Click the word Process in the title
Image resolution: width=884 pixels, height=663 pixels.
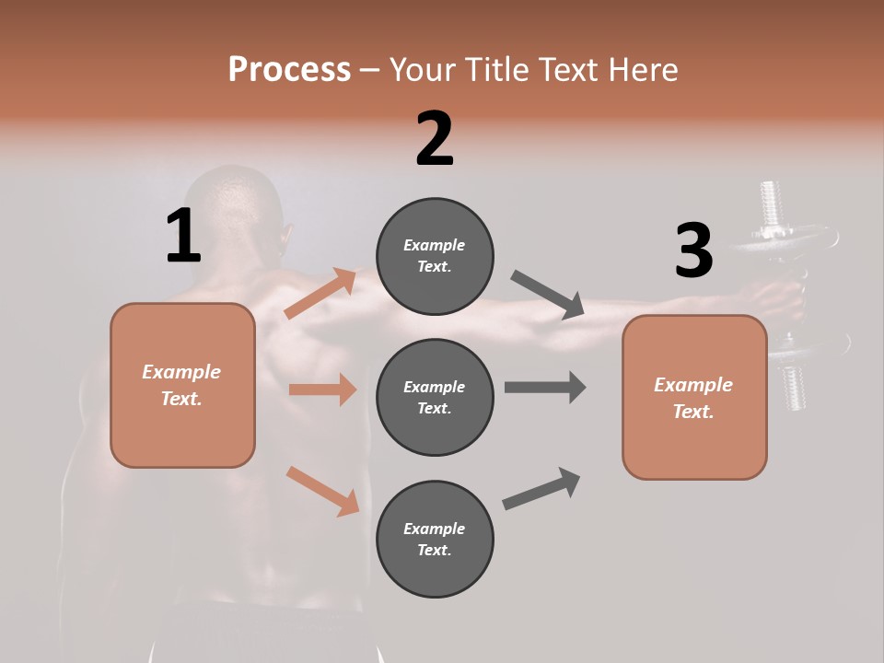pos(289,69)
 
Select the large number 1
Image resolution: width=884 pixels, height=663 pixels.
pos(183,237)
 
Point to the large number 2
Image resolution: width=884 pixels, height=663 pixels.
pos(435,139)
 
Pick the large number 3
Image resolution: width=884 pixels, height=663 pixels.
pos(693,251)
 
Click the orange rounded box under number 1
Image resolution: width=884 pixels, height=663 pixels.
pos(182,385)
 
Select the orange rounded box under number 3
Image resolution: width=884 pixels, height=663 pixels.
pos(694,397)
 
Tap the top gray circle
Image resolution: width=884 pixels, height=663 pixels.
pos(435,256)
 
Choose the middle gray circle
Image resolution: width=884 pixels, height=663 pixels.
pos(435,397)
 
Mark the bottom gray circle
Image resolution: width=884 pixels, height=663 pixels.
pos(435,539)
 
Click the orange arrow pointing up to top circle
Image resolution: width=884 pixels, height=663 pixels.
pos(320,294)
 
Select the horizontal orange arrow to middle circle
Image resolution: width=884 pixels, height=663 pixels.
pos(322,390)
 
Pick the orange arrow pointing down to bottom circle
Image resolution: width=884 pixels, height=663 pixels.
pos(322,491)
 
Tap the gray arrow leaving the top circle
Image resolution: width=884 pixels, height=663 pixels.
pos(548,294)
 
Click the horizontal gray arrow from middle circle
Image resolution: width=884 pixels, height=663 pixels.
pos(545,387)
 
